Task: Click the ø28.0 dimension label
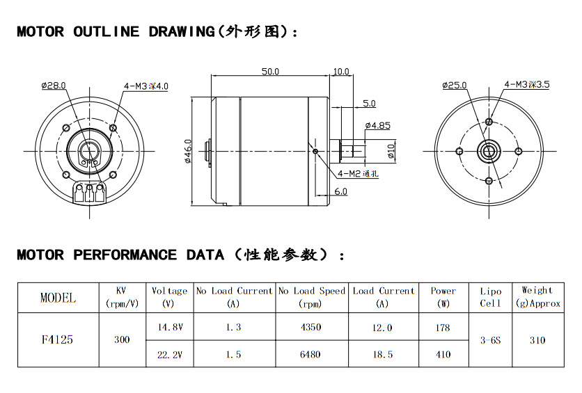click(53, 86)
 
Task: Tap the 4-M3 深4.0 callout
click(146, 86)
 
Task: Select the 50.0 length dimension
click(270, 72)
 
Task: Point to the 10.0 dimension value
click(341, 72)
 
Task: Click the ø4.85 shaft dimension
click(377, 126)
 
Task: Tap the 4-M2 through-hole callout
click(358, 173)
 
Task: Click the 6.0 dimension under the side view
click(340, 191)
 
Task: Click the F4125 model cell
click(58, 340)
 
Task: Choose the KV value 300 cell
click(121, 340)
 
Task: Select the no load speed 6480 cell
click(311, 354)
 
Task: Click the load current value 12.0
click(383, 328)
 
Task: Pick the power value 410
click(443, 354)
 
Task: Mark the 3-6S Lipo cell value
click(491, 341)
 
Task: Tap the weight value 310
click(537, 341)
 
